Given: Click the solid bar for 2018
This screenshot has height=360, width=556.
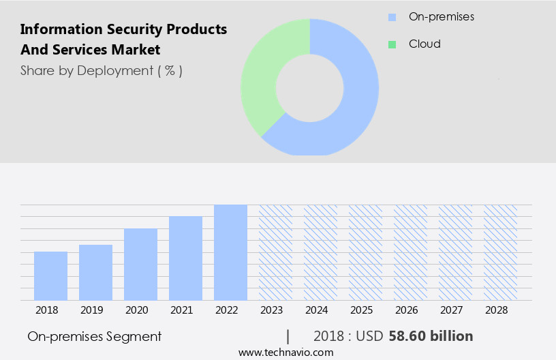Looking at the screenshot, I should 50,275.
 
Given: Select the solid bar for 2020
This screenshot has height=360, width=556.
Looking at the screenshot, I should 140,264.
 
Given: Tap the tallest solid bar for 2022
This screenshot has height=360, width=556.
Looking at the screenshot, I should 230,252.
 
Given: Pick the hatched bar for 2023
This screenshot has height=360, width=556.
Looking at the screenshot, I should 275,252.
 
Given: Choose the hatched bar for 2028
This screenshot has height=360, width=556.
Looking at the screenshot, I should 500,252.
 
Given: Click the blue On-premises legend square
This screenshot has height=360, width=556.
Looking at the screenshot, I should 392,17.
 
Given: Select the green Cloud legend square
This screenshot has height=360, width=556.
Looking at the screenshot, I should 392,44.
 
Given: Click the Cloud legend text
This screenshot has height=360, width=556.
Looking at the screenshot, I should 424,44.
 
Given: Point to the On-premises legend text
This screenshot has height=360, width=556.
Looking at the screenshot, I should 441,16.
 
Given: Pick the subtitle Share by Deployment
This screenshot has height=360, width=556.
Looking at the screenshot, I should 101,70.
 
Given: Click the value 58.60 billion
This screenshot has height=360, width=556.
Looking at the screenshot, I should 431,336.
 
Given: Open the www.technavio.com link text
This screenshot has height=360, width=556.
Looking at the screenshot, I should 286,352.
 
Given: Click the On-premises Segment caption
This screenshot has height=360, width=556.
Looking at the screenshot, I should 95,336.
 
